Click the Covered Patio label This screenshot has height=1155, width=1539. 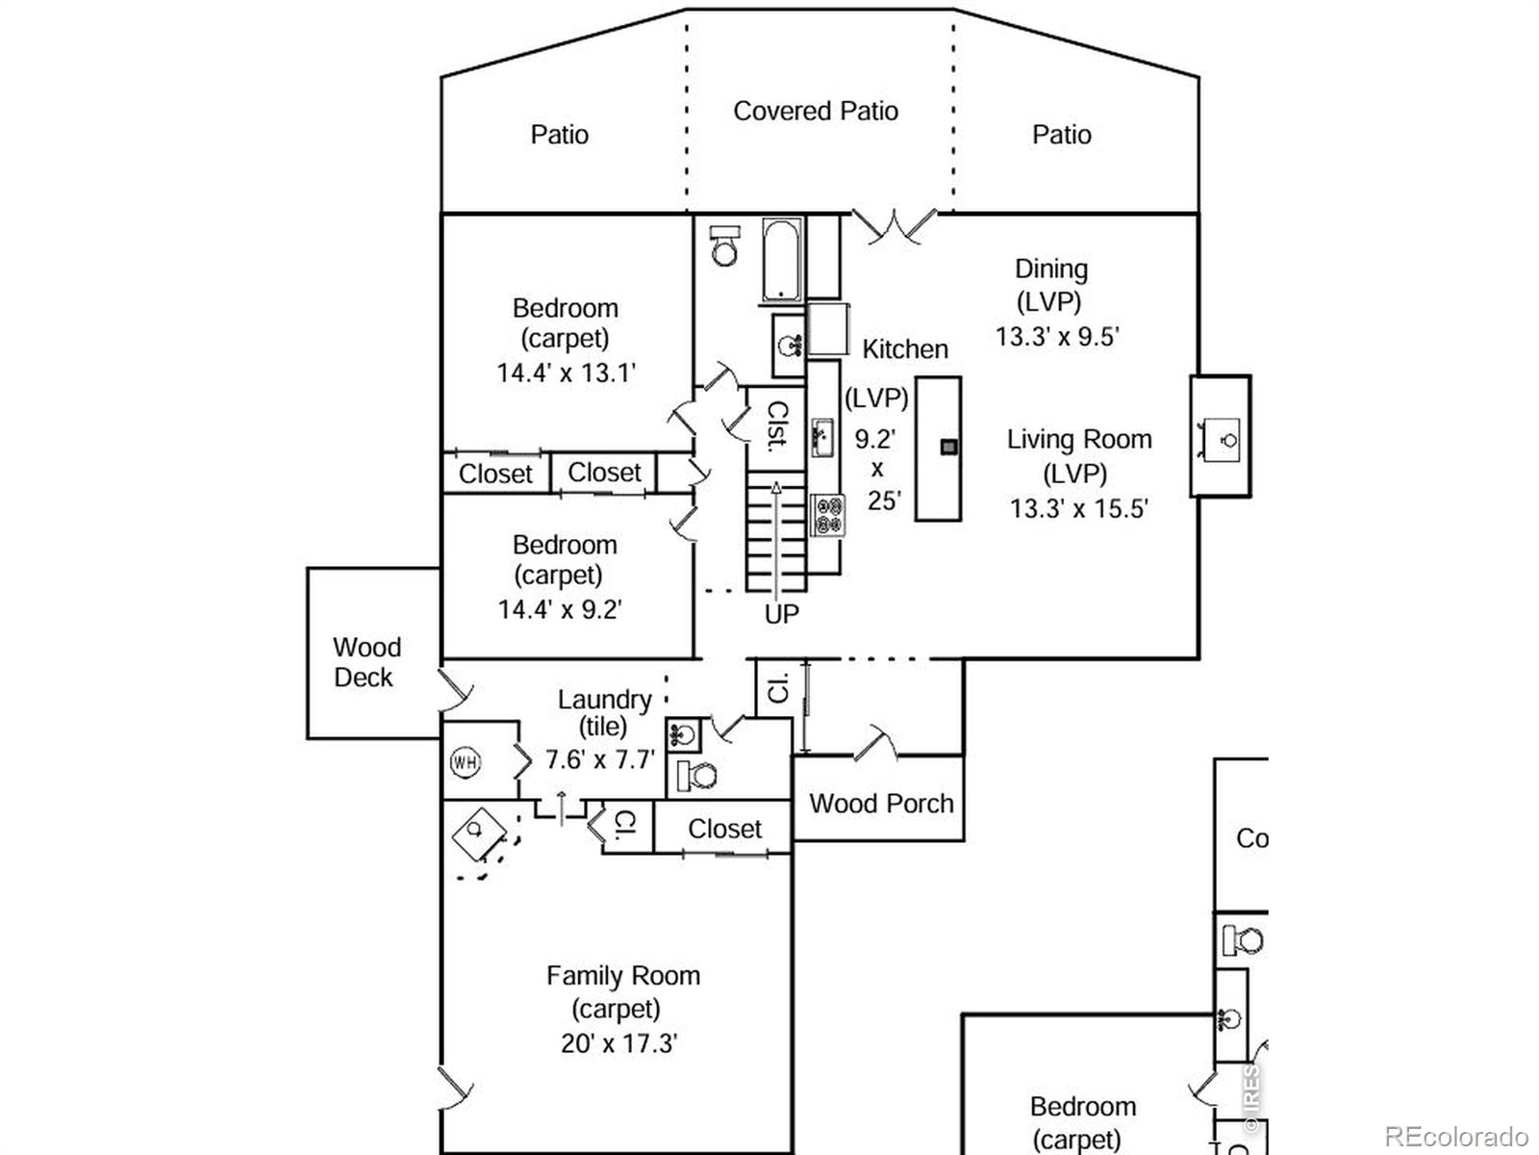(816, 112)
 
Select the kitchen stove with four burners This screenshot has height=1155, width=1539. (827, 514)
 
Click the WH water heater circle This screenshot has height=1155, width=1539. (466, 763)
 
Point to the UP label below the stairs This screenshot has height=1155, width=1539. (781, 614)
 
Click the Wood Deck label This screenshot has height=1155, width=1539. (366, 662)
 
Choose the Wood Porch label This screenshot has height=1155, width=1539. (881, 804)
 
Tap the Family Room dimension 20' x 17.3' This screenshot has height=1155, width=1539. (619, 1043)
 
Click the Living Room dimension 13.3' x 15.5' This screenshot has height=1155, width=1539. (1078, 509)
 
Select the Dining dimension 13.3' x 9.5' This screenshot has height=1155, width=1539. (1057, 337)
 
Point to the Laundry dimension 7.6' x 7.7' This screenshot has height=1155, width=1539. (599, 760)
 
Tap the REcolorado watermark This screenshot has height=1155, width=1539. (1455, 1136)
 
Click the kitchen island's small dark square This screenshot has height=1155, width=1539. (948, 447)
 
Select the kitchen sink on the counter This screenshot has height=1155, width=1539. (822, 438)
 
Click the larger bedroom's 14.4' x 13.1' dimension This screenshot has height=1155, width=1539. (566, 373)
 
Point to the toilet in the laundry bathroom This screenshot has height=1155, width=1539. (698, 775)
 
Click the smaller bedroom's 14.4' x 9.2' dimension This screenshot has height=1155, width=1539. (560, 609)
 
